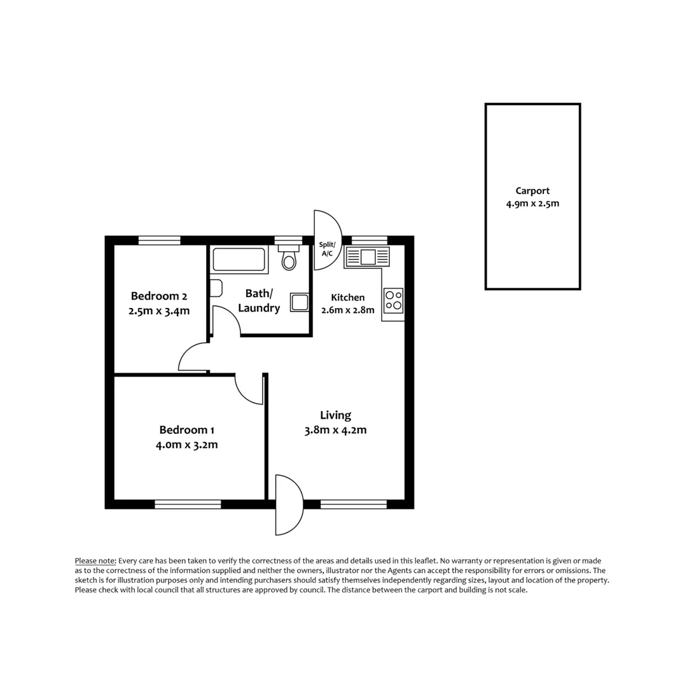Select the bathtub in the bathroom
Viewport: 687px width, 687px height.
pos(239,260)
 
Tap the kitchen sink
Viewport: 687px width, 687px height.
pos(367,257)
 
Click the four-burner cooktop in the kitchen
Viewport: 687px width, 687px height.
pos(393,300)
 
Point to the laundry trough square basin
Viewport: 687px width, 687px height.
pos(300,302)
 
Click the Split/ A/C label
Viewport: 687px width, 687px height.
pos(327,249)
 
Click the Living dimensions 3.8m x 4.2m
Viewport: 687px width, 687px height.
pos(335,430)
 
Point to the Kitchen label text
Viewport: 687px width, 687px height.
pos(348,297)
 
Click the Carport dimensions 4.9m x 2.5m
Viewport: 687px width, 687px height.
pos(532,204)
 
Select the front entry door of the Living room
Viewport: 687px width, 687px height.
pos(288,505)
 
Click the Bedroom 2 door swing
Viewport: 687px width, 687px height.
pos(194,357)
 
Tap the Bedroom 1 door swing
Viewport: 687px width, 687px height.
pos(249,388)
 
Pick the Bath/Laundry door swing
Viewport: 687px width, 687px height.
pos(226,321)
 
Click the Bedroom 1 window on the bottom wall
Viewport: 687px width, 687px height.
pos(188,504)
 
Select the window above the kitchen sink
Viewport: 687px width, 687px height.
pos(369,240)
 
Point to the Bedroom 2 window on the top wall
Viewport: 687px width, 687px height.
pos(159,240)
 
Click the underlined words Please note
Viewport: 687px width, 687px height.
pos(95,560)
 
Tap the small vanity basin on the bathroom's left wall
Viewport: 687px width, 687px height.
pos(216,288)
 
